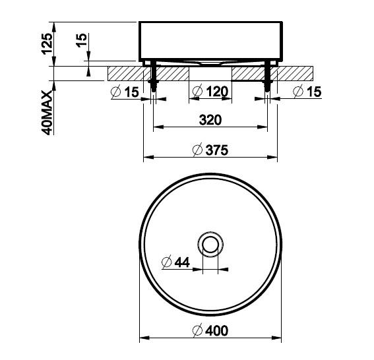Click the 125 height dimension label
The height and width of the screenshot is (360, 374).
coord(47,44)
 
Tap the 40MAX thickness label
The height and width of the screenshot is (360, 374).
coord(47,113)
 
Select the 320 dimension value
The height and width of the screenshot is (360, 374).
coord(210,120)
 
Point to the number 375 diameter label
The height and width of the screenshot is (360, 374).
coord(217,150)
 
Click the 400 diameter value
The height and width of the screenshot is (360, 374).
coord(217,331)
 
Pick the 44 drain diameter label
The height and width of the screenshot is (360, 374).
coord(182,262)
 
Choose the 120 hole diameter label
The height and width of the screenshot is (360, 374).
coord(217,92)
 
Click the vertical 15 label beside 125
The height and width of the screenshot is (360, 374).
coord(82,40)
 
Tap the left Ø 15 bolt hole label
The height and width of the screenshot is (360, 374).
coord(125,92)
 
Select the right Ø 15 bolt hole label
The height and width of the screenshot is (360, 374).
coord(307,92)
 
